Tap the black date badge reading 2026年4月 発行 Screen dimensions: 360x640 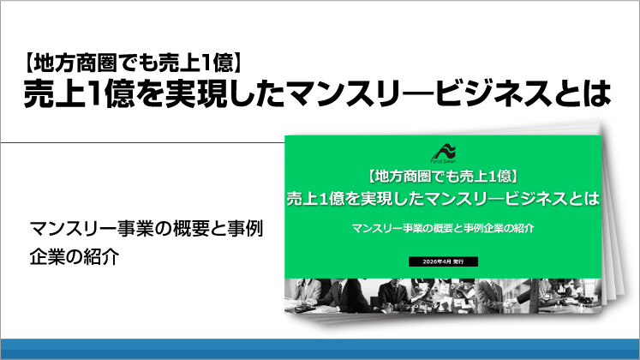(443, 259)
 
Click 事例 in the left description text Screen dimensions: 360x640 (242, 230)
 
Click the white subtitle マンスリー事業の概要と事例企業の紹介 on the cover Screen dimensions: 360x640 (443, 228)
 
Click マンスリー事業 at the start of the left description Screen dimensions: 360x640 (82, 230)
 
